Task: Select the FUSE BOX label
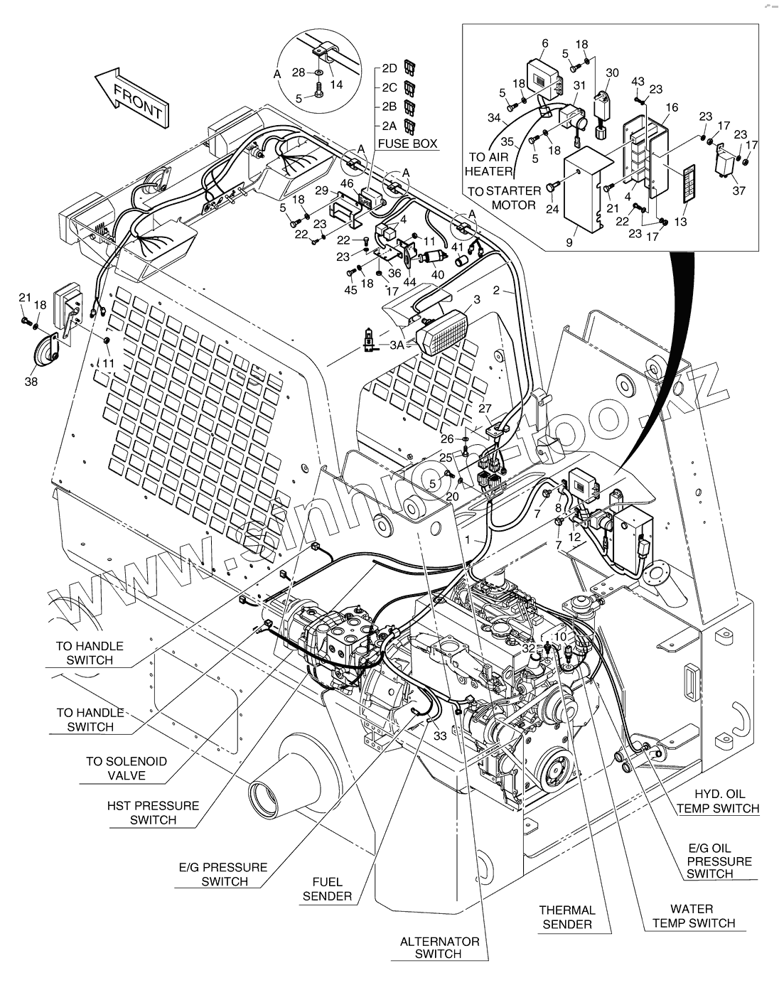coord(407,143)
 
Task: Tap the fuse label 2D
coord(389,68)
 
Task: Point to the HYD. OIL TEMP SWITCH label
coord(717,801)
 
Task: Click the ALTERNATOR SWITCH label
coord(439,947)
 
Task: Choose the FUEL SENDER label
coord(327,889)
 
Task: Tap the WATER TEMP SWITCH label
coord(692,915)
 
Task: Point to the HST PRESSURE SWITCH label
coord(153,812)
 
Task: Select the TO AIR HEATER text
coord(489,164)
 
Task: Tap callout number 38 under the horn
coord(31,382)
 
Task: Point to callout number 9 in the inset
coord(569,242)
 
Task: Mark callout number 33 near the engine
coord(439,736)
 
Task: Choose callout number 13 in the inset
coord(680,222)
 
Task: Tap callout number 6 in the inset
coord(544,43)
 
